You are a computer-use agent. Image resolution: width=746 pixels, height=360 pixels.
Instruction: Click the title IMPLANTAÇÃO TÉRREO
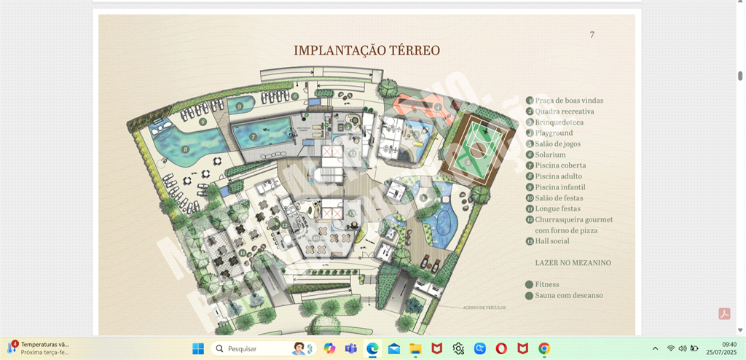point(366,50)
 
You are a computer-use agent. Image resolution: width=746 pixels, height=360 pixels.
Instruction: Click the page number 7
point(592,35)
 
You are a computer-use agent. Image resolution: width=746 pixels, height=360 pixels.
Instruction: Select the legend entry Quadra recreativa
point(565,111)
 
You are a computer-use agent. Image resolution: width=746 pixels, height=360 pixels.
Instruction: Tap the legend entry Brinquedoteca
point(559,122)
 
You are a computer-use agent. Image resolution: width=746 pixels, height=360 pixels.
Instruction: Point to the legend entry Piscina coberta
point(560,165)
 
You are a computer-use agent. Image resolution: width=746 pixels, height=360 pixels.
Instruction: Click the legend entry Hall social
point(552,241)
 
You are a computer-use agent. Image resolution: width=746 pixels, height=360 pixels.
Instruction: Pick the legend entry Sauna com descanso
point(569,295)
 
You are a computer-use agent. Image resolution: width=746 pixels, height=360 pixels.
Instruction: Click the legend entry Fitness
point(547,284)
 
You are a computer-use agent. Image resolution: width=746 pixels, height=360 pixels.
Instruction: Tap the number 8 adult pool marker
point(186,149)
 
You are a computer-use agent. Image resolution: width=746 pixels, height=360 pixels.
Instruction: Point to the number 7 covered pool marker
point(253,136)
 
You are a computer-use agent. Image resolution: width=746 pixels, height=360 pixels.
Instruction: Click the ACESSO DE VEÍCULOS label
point(484,308)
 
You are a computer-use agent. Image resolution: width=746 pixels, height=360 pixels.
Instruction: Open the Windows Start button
point(198,348)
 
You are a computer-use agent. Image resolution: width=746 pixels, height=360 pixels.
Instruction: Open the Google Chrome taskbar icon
point(544,348)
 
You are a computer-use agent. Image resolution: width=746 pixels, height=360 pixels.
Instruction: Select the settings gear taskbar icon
point(458,348)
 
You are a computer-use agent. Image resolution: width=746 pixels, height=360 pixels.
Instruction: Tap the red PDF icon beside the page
point(724,313)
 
